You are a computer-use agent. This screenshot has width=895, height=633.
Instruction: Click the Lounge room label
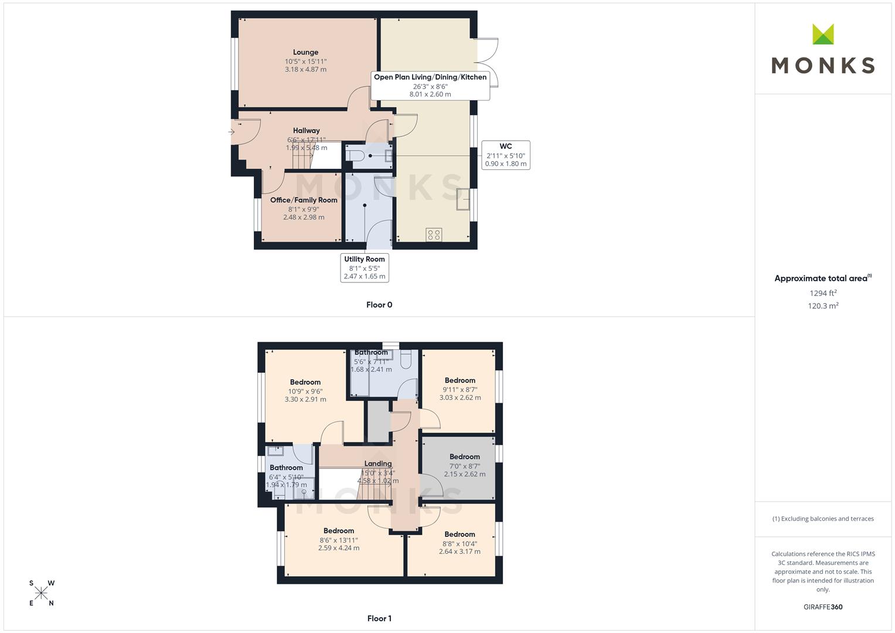(x=305, y=52)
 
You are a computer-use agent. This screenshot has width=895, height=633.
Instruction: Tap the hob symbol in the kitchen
(x=434, y=234)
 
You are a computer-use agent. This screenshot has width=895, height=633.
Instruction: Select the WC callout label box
(x=506, y=155)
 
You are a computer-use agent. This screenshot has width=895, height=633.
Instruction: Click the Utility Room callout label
(x=365, y=268)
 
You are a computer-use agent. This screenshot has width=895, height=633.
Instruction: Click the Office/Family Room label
(x=304, y=200)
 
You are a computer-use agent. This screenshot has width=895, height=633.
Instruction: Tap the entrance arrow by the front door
(x=232, y=132)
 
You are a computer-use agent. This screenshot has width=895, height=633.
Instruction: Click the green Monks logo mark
(x=823, y=34)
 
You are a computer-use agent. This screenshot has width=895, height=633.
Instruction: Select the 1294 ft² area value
(x=823, y=293)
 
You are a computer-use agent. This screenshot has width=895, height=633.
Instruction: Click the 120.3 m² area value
(x=823, y=306)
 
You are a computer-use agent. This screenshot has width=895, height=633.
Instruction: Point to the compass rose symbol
(x=41, y=593)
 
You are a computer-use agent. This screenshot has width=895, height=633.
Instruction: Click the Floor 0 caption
(x=379, y=305)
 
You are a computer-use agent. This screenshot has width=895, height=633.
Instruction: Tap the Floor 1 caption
(x=379, y=618)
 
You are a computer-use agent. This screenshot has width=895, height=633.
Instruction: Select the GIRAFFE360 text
(x=823, y=607)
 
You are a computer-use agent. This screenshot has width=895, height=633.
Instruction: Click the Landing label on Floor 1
(x=378, y=464)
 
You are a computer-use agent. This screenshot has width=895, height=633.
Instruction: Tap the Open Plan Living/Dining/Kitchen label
(x=430, y=77)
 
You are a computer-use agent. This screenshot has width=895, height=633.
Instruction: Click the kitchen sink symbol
(x=464, y=199)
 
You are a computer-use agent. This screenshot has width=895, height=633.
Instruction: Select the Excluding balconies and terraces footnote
(x=823, y=519)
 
